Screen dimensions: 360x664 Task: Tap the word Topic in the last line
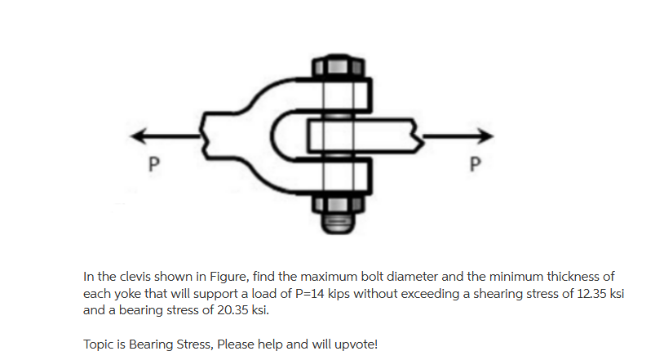[100, 344]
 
